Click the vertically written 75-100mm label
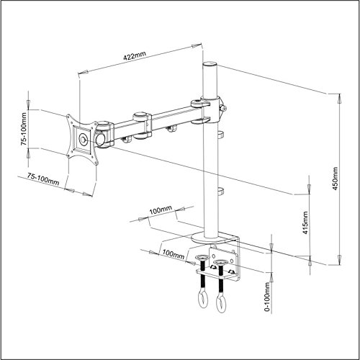click(x=25, y=129)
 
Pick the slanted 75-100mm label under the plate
click(x=43, y=179)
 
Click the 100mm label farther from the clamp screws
click(x=161, y=211)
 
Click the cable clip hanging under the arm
click(x=172, y=130)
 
